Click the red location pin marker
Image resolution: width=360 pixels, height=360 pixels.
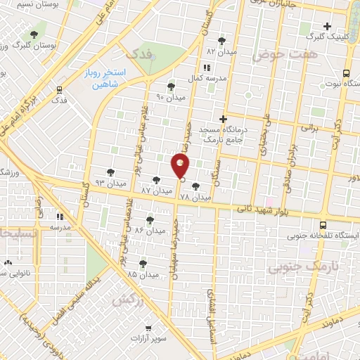coord(180,167)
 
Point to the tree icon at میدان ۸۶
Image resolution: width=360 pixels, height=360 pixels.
coord(150,220)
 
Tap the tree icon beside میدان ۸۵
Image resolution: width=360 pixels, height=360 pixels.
coord(143,263)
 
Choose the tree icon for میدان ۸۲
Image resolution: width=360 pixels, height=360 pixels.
coord(223,41)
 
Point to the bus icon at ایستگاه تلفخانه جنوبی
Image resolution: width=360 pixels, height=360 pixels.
coord(322,226)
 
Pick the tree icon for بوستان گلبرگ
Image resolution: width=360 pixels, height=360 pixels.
coord(34,34)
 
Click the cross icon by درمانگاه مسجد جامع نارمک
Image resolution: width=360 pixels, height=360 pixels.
coord(224,119)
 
